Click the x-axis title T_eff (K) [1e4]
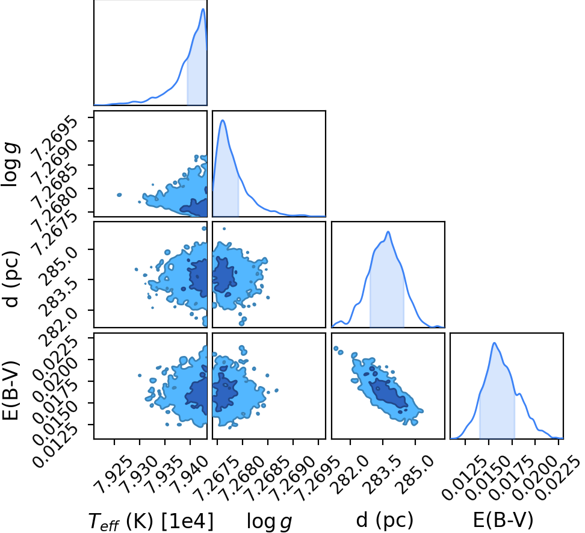pos(150,521)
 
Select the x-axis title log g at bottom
pos(270,521)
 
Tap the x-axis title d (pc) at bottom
pos(385,520)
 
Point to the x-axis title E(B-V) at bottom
pos(503,520)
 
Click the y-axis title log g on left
pos(11,164)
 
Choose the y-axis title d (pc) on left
pos(11,279)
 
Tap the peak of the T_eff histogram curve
pos(203,9)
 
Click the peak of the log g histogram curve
pos(223,120)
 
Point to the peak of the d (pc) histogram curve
pos(388,232)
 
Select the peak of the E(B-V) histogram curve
pos(494,343)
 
